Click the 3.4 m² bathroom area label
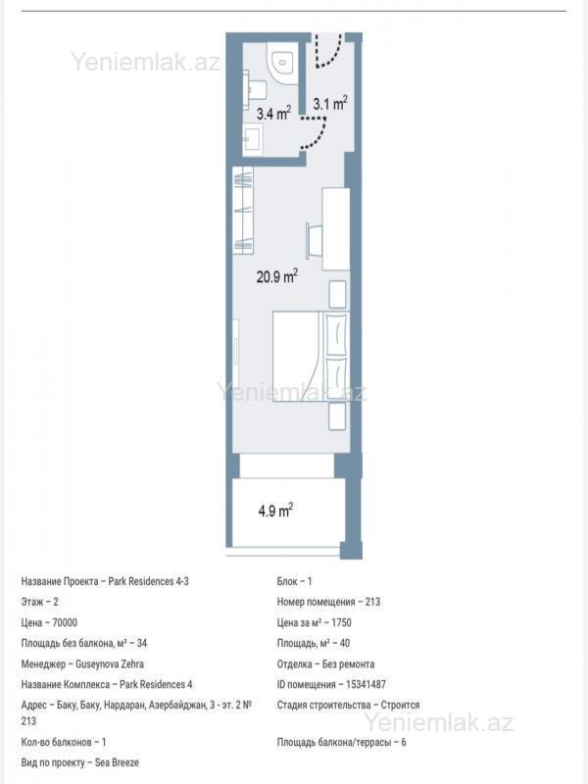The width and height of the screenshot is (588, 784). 273,114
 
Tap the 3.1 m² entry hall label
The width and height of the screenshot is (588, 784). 330,104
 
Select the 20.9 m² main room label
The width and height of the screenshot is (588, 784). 277,276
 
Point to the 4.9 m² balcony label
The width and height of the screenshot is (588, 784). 275,511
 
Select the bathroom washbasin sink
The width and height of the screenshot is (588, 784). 253,139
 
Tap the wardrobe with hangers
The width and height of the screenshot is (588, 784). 243,210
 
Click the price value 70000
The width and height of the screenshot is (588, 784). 65,623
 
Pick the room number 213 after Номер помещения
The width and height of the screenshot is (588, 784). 372,602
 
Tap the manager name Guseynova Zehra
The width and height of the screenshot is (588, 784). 110,664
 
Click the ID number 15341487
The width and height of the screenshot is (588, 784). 366,684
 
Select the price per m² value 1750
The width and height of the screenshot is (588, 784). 341,623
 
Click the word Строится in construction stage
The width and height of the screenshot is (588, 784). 400,705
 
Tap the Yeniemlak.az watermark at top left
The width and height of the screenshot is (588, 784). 145,62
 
